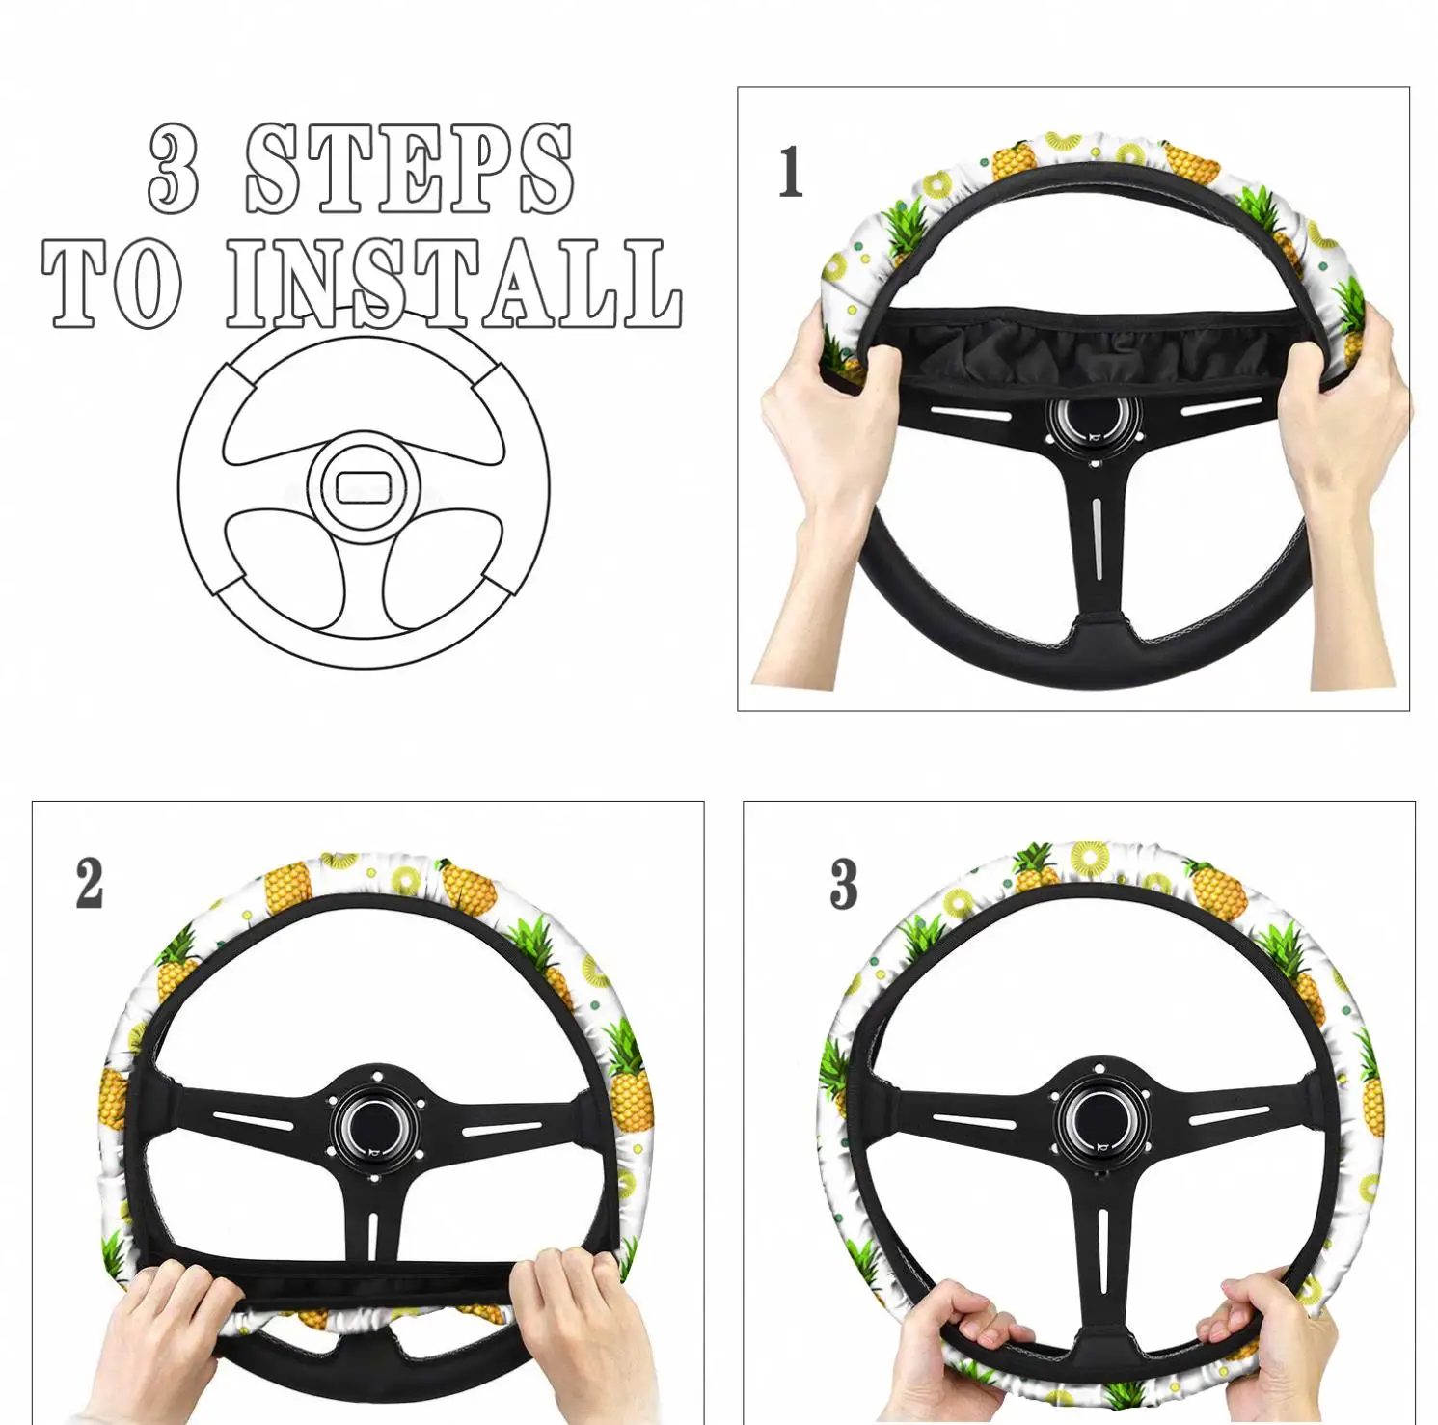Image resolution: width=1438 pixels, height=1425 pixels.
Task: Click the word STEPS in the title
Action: [x=409, y=170]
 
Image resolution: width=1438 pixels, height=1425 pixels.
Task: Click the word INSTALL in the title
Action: [x=453, y=284]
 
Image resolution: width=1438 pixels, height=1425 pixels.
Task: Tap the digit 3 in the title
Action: [x=174, y=170]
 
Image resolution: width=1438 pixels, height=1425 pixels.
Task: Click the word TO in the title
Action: [x=112, y=284]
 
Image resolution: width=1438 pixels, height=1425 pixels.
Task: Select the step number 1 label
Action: [x=791, y=173]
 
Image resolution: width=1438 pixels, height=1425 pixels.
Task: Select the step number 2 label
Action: [x=90, y=884]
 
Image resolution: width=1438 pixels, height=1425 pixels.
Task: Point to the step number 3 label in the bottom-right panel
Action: [x=844, y=884]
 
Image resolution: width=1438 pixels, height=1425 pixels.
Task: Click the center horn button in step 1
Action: [x=1094, y=422]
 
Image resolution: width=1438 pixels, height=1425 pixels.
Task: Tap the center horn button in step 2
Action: [x=375, y=1127]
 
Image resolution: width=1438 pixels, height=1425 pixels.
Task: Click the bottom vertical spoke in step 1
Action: [x=1098, y=550]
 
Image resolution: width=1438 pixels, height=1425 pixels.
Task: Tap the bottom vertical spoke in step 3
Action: [x=1101, y=1254]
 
